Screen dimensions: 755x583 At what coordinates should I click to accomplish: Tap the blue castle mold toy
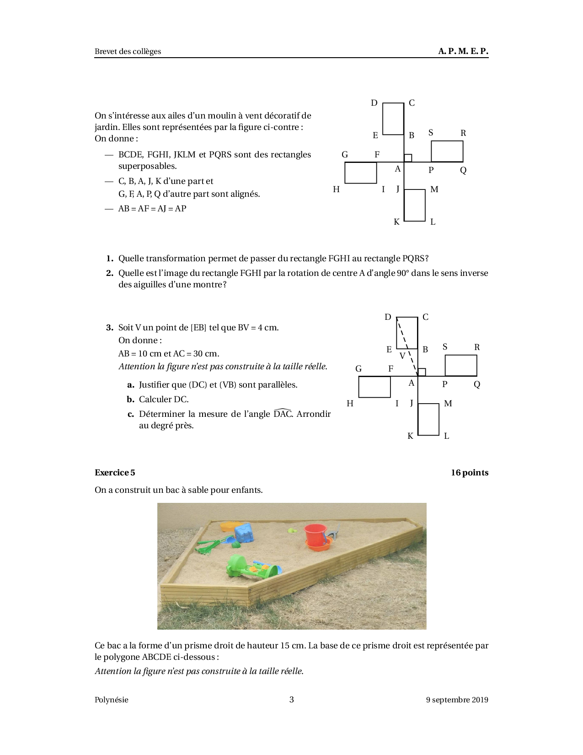click(244, 533)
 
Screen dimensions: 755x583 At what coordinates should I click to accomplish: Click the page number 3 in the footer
click(291, 699)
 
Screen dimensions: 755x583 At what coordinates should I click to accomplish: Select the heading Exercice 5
click(115, 473)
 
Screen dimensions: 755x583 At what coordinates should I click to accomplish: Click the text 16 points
click(469, 473)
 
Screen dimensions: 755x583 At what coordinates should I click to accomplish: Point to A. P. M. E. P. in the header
click(463, 51)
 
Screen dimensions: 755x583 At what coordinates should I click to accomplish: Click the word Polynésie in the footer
click(112, 700)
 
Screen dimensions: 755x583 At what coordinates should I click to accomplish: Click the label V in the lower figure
click(402, 356)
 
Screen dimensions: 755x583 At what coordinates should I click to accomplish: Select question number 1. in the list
click(110, 258)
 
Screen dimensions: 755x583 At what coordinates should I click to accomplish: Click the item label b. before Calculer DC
click(130, 399)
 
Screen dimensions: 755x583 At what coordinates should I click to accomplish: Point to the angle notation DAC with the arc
click(282, 414)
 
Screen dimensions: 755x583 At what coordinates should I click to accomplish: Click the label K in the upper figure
click(396, 222)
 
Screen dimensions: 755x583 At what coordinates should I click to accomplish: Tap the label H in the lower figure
click(350, 404)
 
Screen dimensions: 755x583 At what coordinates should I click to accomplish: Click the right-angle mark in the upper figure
click(408, 158)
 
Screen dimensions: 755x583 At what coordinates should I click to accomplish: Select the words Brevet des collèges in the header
click(128, 51)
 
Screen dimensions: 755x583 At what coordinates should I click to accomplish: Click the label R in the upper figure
click(463, 133)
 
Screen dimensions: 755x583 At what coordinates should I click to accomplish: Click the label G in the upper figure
click(345, 155)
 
